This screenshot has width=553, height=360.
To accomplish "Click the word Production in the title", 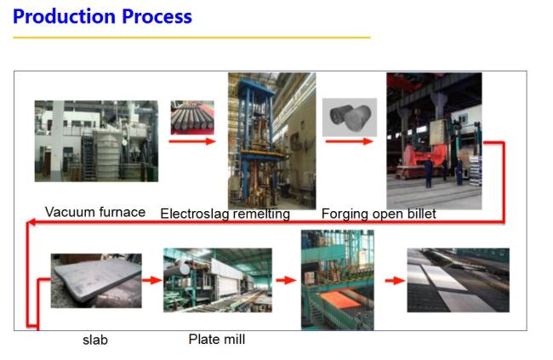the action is pos(64,16).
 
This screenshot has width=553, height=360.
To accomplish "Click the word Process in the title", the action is pos(157,16).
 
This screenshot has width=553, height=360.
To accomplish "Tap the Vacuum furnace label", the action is pos(95,212).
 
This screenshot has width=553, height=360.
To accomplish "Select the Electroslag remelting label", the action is pos(225,214).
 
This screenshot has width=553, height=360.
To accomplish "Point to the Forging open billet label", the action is pos(379,214).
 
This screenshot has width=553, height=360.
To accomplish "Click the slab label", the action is pos(95,340).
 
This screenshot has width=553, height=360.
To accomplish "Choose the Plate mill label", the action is pos(217,340).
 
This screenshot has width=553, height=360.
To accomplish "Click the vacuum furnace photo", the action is pos(96,141).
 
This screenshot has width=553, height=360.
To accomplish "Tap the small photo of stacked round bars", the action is pos(192,117).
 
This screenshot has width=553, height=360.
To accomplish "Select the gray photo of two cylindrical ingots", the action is pos(350,117).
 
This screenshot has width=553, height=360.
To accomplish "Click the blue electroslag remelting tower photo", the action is pos(272,140).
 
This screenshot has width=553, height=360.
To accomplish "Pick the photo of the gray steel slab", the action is pos(96,281).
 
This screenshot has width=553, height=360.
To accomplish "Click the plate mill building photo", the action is pos(218,280).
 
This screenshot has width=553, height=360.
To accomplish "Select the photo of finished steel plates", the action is pos(458,280).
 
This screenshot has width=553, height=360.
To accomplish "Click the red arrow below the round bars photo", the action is pos(192,141).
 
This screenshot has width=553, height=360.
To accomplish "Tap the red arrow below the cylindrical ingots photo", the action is pos(349,141).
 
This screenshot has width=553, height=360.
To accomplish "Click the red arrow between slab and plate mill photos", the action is pos(152,281).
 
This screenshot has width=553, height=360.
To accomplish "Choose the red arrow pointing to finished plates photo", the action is pos(395,281).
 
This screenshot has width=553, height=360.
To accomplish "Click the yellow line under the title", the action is pos(192,37).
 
